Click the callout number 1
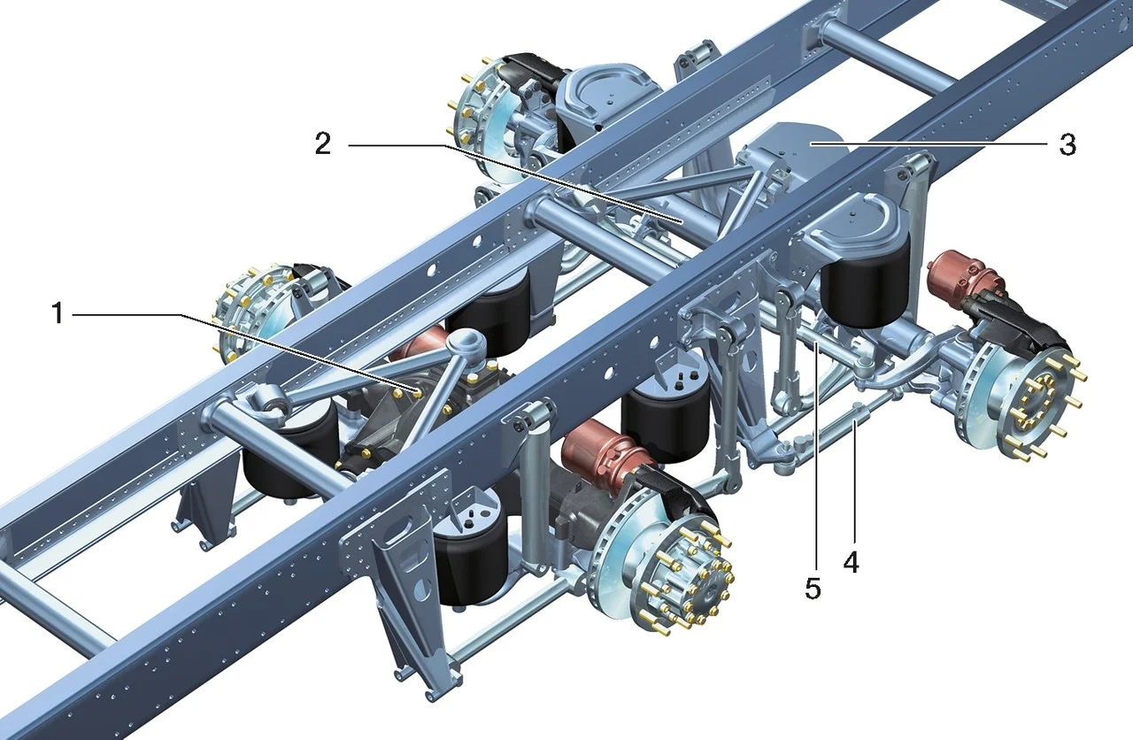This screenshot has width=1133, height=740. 58,313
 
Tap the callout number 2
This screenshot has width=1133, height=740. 323,143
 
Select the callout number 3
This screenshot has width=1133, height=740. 1067,144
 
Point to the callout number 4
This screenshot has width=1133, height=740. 851,561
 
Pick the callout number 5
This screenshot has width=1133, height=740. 813,589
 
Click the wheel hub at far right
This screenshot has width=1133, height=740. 1037,402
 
